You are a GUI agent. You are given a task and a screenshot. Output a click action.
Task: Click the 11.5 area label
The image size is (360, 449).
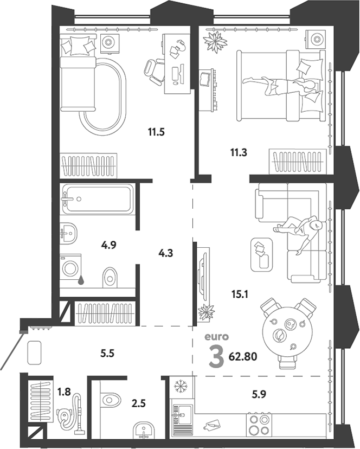coord(156,132)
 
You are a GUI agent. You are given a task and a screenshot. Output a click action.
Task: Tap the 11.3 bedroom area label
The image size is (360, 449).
coord(239,152)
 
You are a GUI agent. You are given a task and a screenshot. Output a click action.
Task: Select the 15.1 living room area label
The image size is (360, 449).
coord(240,294)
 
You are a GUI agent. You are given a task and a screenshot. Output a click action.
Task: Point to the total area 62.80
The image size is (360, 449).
coord(243,356)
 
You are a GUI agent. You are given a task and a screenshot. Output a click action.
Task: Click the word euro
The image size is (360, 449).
coord(216,337)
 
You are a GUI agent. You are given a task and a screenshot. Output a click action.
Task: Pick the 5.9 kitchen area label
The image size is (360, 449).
coord(259,394)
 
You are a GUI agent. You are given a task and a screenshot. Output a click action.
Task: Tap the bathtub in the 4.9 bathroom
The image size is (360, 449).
coord(98,198)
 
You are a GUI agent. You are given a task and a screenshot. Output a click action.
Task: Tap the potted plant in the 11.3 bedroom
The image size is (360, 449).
coord(215,41)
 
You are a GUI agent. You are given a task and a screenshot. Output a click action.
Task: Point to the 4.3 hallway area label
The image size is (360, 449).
coord(166,253)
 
